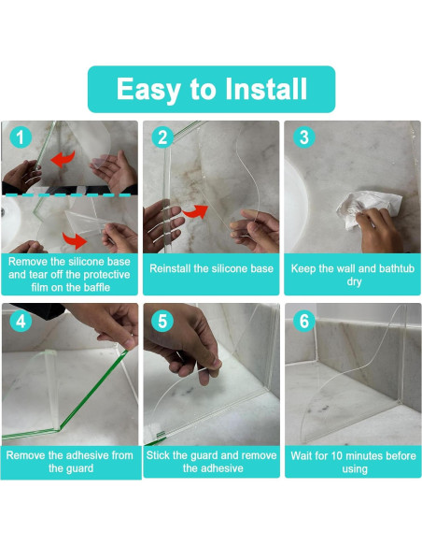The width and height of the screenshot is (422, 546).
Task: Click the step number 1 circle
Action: coord(21,137)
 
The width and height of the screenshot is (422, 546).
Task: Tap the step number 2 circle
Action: coord(162,137)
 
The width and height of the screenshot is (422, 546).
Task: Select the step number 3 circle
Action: coord(304,137)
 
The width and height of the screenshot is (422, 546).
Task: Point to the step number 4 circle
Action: coord(21,321)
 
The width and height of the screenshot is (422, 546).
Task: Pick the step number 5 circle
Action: coord(162,321)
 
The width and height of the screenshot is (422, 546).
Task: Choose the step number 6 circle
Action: coord(304,321)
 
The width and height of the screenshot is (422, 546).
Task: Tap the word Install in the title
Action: coord(266,89)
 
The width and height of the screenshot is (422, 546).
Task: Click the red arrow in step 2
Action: coord(195,211)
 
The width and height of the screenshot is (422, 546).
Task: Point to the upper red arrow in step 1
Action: coord(63,159)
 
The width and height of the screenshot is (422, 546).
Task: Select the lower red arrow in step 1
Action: coord(75,240)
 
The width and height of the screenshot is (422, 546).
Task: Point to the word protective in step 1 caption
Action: coord(106,275)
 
